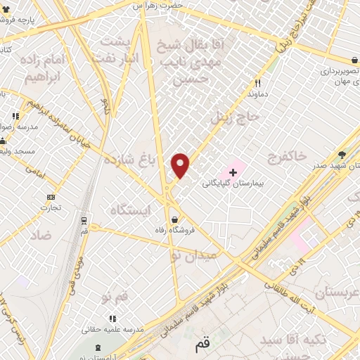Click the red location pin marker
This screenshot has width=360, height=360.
[x=181, y=165]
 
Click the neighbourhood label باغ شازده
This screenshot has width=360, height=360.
[x=128, y=160]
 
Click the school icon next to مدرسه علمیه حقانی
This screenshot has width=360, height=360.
[x=113, y=319]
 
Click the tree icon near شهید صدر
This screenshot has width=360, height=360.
[x=342, y=155]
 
